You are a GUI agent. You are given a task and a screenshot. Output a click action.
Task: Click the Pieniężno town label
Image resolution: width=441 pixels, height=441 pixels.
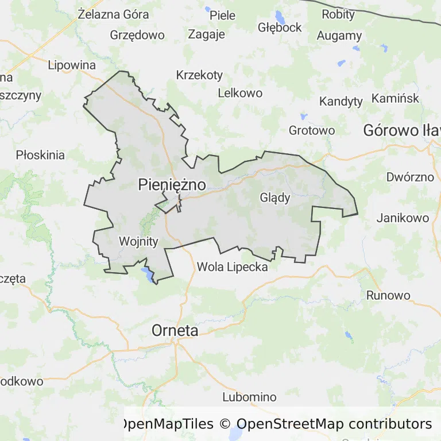(172, 184)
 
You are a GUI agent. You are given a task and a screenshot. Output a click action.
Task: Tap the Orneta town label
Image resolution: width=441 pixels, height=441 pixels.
(175, 331)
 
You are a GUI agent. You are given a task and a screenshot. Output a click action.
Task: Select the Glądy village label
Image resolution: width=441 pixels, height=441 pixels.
(275, 198)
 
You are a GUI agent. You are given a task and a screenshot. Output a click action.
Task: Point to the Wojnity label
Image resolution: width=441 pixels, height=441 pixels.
(138, 241)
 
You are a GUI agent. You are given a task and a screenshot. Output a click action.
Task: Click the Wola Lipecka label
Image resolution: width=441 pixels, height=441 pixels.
(232, 266)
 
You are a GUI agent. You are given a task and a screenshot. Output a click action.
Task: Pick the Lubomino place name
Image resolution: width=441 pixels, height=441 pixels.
(249, 397)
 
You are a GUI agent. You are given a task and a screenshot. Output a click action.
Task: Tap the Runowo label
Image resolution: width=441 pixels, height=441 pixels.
(389, 296)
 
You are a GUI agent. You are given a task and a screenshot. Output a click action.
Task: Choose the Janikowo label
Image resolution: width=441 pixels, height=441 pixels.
(403, 218)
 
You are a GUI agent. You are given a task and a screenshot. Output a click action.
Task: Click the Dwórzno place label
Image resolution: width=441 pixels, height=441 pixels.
(410, 177)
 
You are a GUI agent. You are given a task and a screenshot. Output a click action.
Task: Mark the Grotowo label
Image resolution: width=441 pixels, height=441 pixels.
(312, 130)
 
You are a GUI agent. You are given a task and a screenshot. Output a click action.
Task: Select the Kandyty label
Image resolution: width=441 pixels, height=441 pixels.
(341, 102)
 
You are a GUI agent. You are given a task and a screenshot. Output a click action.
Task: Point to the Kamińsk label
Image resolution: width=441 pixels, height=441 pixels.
(396, 98)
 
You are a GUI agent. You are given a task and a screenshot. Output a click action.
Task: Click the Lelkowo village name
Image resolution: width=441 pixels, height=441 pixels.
(240, 92)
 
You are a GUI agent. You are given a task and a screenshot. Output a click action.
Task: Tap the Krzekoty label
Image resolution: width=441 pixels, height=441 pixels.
(199, 75)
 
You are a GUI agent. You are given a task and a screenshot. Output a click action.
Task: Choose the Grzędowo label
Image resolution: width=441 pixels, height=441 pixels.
(137, 34)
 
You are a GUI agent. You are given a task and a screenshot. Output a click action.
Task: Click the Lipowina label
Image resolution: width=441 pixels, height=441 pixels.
(72, 64)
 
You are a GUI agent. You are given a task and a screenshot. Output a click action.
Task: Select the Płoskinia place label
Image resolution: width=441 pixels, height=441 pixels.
(40, 154)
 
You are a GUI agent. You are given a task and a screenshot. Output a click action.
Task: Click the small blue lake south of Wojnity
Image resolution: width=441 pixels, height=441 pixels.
(148, 274)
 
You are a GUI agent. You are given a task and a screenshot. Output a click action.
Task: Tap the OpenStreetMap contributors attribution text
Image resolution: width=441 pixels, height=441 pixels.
(334, 424)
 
